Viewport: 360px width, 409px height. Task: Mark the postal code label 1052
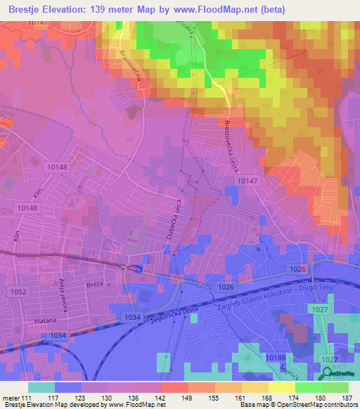(x=18, y=292)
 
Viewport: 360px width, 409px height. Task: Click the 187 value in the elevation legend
(x=346, y=397)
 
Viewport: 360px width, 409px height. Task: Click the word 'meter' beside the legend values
(x=10, y=397)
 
